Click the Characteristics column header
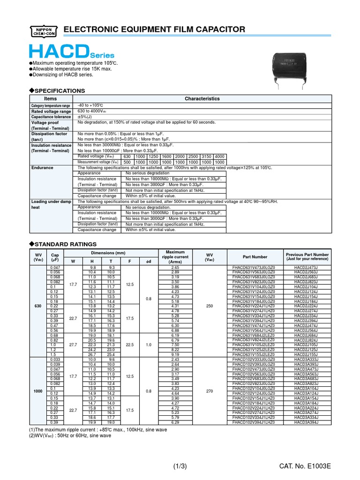[x=202, y=99]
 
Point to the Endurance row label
[x=42, y=167]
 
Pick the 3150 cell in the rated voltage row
[x=207, y=157]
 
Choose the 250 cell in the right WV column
[x=210, y=306]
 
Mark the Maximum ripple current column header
[x=175, y=257]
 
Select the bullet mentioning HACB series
[x=63, y=75]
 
